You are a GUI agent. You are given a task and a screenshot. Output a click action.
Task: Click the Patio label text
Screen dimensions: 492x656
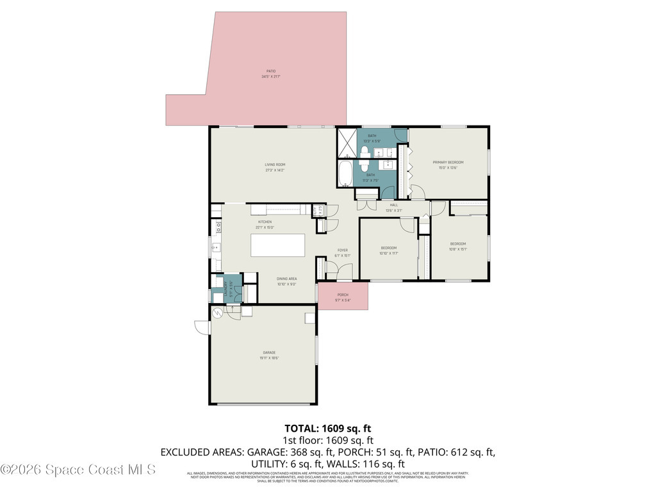(271, 71)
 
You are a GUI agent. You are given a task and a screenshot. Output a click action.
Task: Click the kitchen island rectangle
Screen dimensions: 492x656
(277, 245)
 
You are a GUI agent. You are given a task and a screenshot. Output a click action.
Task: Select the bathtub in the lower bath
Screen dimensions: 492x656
(345, 173)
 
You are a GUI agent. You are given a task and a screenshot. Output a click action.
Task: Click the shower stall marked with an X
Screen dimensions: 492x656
(347, 143)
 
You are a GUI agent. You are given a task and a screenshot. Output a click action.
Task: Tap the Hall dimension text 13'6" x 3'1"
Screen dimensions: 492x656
(393, 211)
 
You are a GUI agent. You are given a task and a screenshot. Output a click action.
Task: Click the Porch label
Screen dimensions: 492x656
(343, 295)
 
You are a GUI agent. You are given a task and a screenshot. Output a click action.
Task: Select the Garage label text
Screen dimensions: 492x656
(268, 352)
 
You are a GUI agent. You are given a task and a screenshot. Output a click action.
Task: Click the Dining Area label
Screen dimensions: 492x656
(286, 279)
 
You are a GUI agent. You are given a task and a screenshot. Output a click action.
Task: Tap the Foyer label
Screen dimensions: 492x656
(343, 250)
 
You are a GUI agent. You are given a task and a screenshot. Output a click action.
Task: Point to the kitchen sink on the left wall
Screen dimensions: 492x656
(217, 247)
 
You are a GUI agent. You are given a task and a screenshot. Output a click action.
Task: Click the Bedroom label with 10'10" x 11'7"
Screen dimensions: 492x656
(389, 248)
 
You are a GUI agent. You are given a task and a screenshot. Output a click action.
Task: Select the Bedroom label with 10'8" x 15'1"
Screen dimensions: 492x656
(457, 243)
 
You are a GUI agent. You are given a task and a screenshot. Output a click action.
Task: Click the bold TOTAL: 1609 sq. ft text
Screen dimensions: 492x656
(327, 428)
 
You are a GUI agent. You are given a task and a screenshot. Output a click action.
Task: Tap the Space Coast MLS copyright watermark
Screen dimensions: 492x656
(78, 470)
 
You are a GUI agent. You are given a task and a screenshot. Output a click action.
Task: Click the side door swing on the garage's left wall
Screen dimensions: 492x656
(202, 327)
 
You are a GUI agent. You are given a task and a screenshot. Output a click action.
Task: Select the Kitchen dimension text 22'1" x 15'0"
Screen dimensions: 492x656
(265, 227)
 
